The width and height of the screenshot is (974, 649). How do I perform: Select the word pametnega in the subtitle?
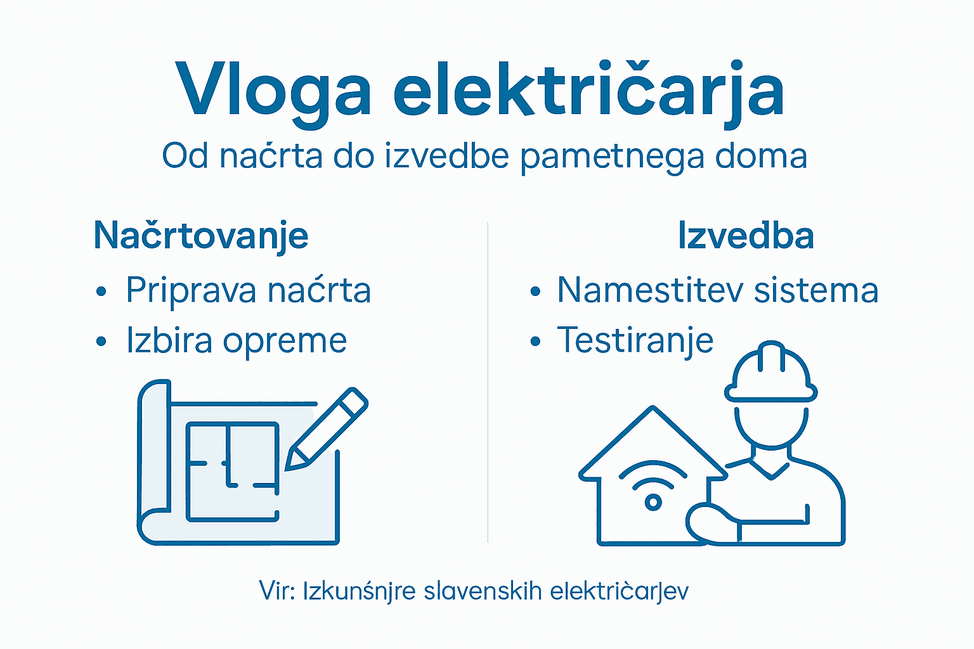tap(611, 157)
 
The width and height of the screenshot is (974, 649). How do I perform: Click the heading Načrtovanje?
tap(201, 236)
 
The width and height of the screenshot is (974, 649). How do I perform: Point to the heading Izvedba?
tap(746, 236)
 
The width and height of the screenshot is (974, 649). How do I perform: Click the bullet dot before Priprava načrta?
tap(101, 292)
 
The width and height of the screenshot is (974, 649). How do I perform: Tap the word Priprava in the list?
tap(191, 291)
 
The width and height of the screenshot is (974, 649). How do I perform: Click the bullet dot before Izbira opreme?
tap(101, 342)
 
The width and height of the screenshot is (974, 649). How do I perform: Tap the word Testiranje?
tap(635, 342)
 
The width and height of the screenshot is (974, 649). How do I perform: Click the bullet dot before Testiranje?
tap(535, 342)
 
